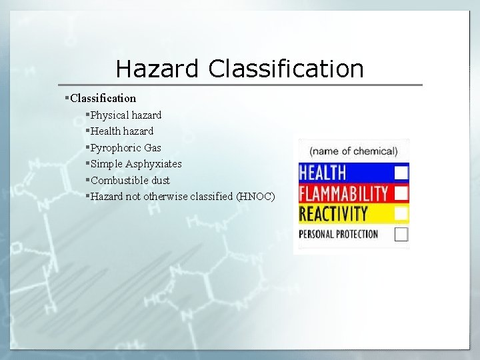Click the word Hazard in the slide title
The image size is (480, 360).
157,69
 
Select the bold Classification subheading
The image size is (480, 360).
103,98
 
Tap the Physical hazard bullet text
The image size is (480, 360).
126,115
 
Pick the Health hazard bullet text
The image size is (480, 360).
122,131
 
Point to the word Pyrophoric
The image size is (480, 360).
116,147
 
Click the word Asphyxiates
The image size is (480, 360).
153,163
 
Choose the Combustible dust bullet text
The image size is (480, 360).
130,180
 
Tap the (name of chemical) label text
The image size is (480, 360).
353,151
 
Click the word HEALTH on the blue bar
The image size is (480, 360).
323,173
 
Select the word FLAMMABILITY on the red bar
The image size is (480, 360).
344,193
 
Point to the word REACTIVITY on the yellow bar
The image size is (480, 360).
333,214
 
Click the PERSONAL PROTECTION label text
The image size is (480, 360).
338,234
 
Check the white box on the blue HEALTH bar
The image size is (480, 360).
401,173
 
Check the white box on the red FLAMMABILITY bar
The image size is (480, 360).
401,193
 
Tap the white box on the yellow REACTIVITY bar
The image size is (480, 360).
401,214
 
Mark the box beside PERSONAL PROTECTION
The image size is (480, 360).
401,234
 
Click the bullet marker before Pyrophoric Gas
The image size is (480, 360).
87,147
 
